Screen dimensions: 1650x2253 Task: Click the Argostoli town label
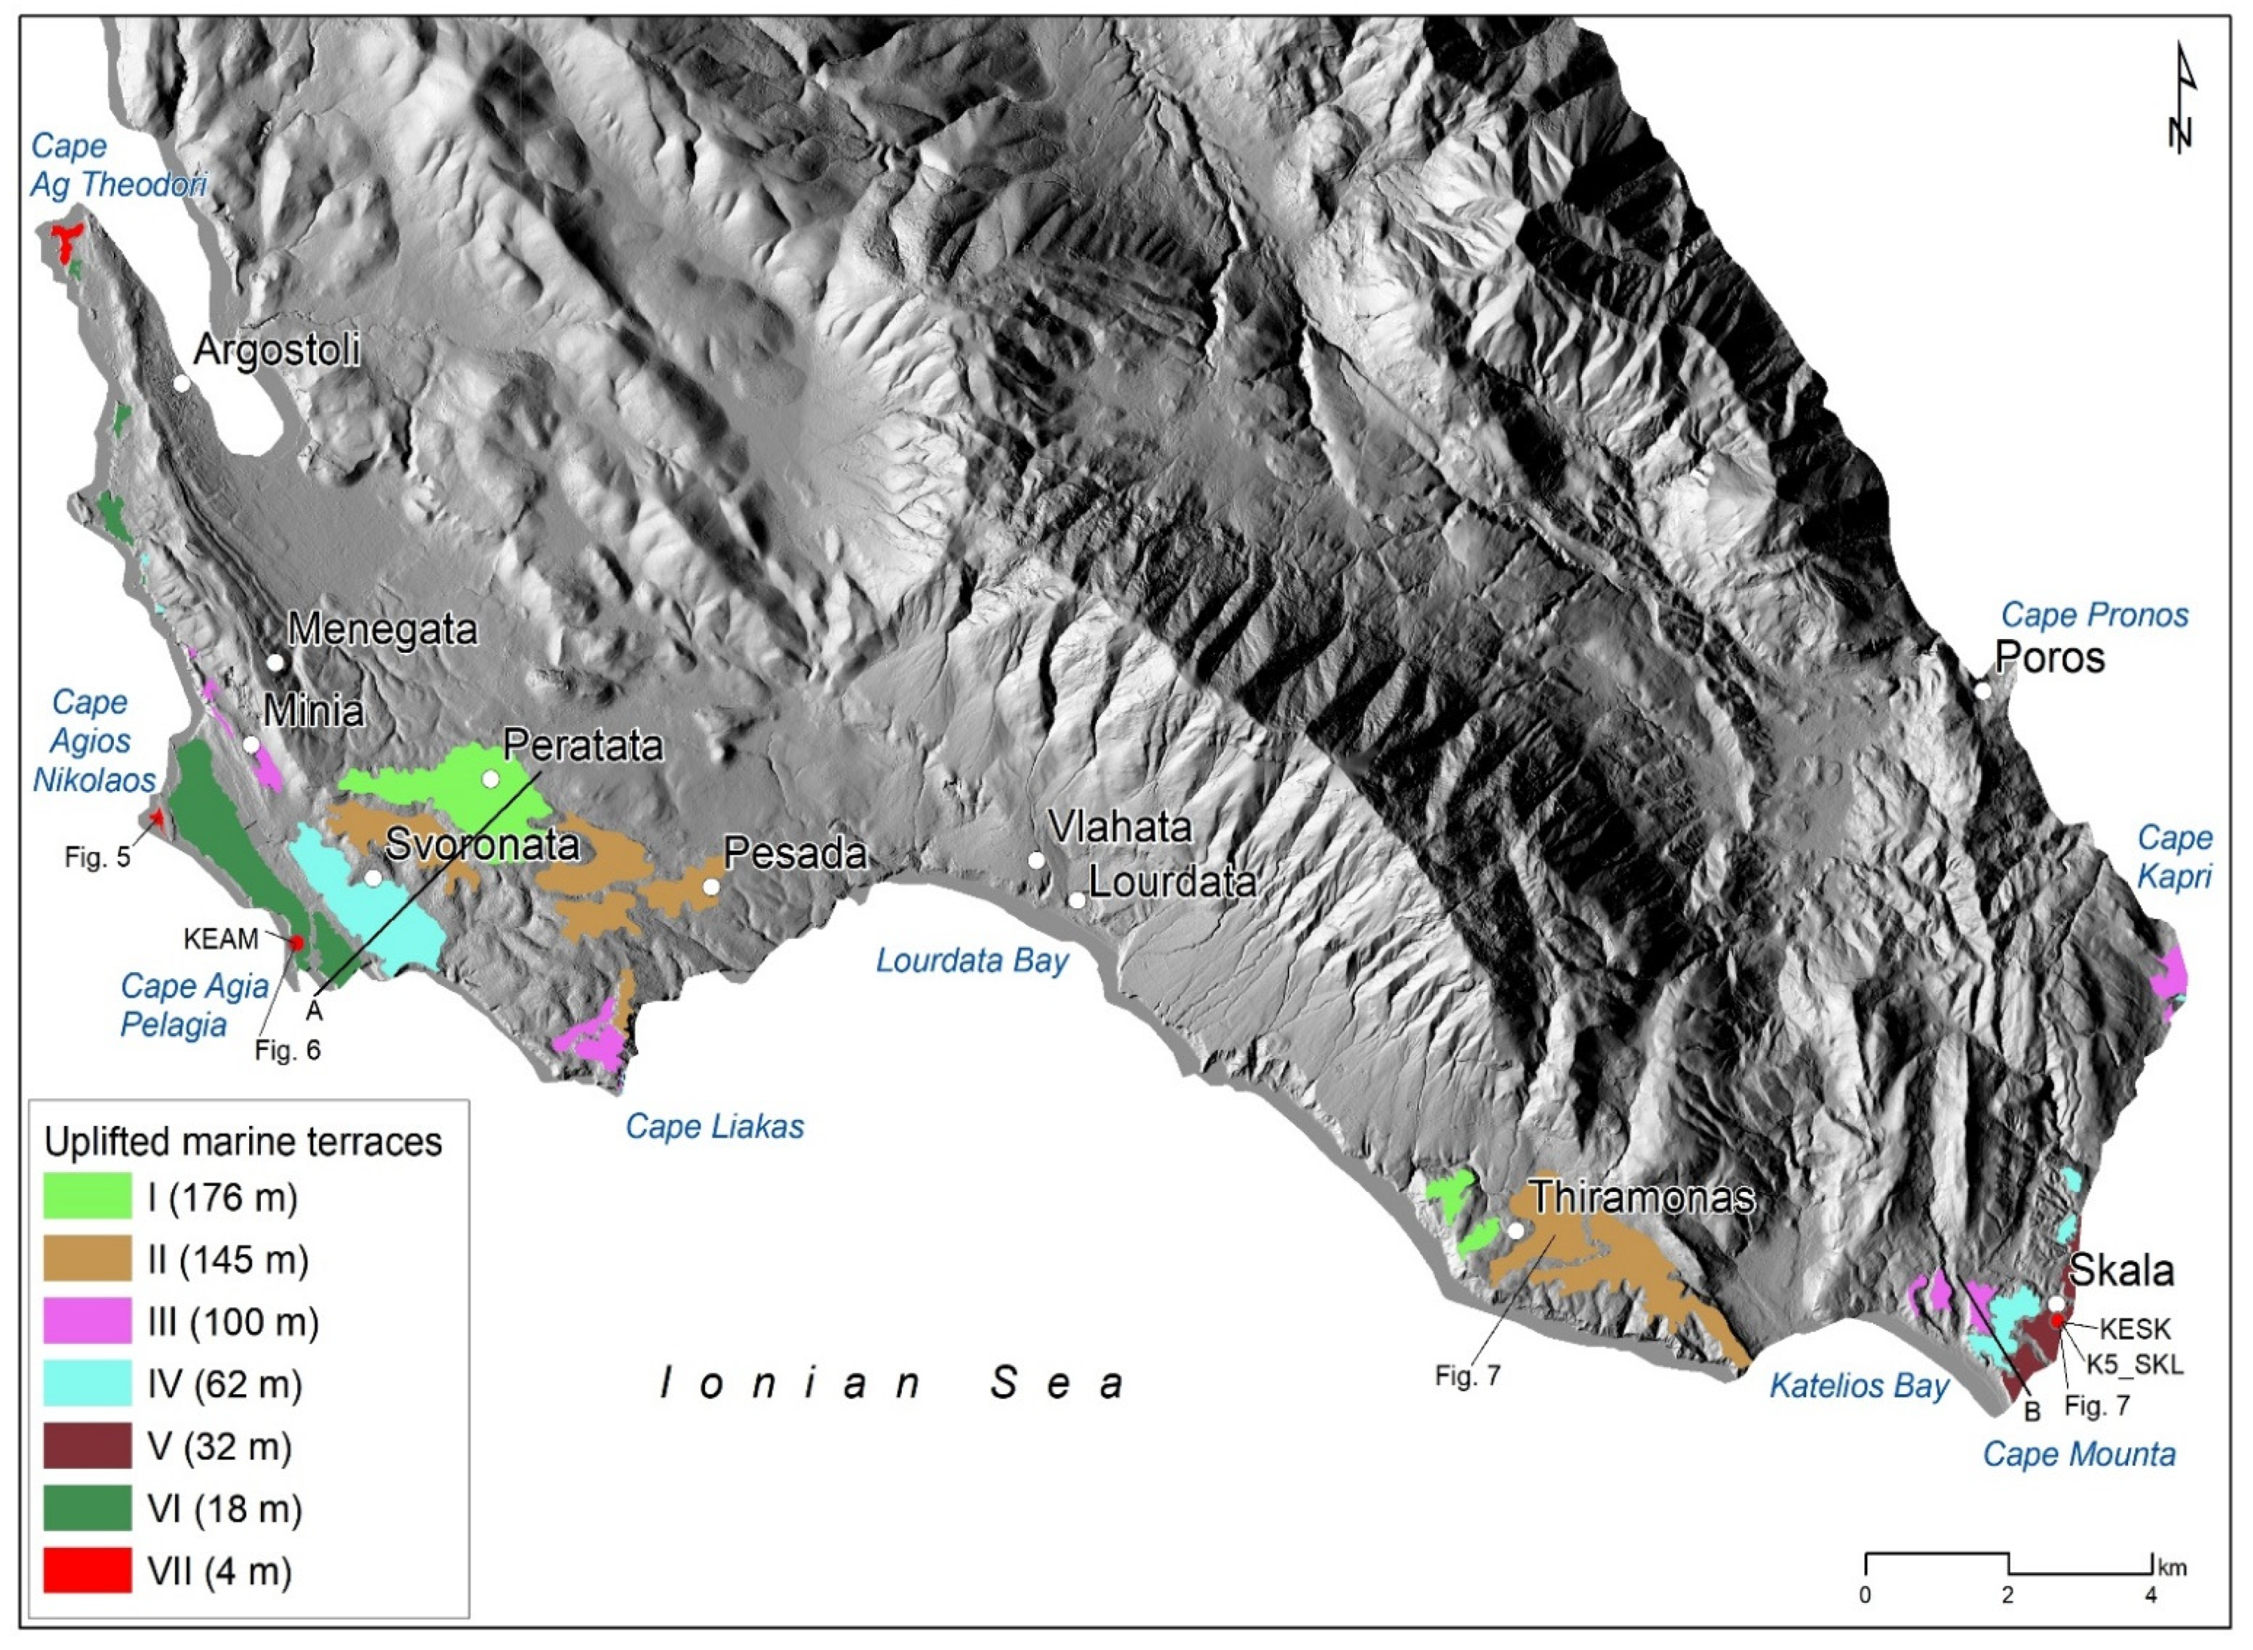[x=277, y=350]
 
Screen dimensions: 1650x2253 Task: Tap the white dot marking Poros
[x=1982, y=691]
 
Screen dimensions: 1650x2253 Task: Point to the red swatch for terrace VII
[x=87, y=1570]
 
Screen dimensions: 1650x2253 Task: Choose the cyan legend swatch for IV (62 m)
[x=87, y=1384]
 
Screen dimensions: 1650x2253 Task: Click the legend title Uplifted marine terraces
[x=243, y=1141]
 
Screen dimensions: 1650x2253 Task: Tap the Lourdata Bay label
[x=971, y=961]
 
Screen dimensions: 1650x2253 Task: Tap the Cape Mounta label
[x=2078, y=1454]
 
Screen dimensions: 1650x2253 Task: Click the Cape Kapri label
[x=2174, y=857]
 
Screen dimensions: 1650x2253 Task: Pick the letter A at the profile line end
[x=314, y=1011]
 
